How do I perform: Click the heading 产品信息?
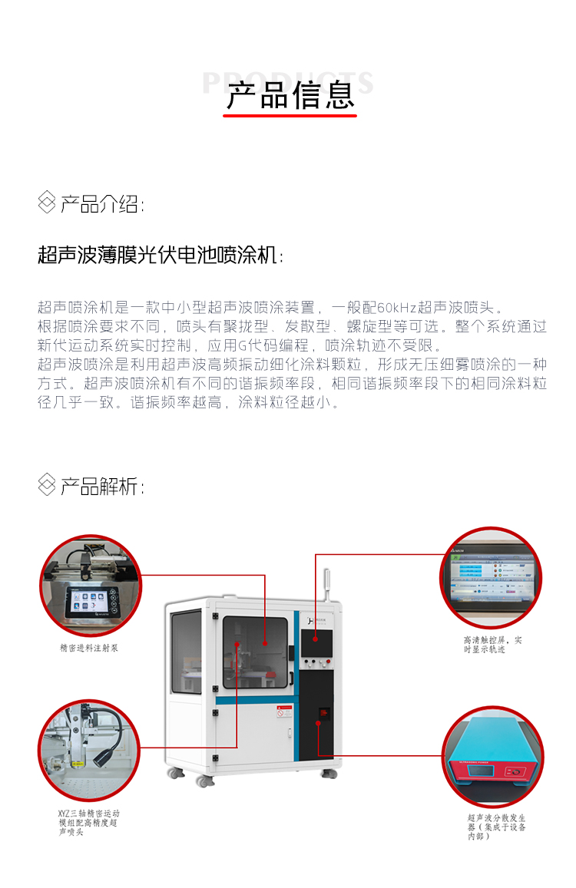point(290,96)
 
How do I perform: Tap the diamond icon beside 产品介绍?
point(47,203)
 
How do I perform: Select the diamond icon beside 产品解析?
point(47,486)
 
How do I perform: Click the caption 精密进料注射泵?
point(89,648)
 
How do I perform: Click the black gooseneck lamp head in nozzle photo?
point(104,757)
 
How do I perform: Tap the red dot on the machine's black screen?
point(315,635)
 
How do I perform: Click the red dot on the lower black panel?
point(316,722)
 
